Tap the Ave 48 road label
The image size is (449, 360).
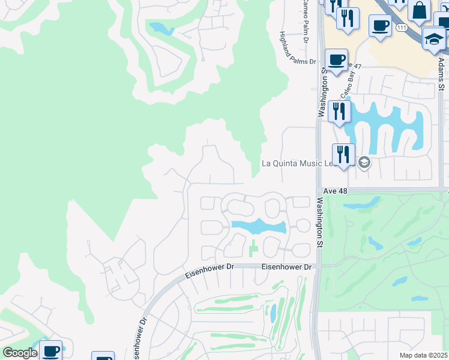pos(336,190)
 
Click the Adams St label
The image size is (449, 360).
pos(441,73)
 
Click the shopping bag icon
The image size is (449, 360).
pos(419,10)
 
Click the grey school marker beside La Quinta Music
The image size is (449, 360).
pos(364,163)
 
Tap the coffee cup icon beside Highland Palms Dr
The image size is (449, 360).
pos(336,61)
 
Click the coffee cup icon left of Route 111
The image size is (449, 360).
pos(380,26)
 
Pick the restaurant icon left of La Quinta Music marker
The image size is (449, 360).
pos(343,154)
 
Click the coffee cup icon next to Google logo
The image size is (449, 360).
pos(51,350)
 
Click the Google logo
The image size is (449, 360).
pos(20,353)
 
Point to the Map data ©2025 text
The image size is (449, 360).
pos(423,355)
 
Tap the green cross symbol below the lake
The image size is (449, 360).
pos(253,247)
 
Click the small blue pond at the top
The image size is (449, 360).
pos(160,28)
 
